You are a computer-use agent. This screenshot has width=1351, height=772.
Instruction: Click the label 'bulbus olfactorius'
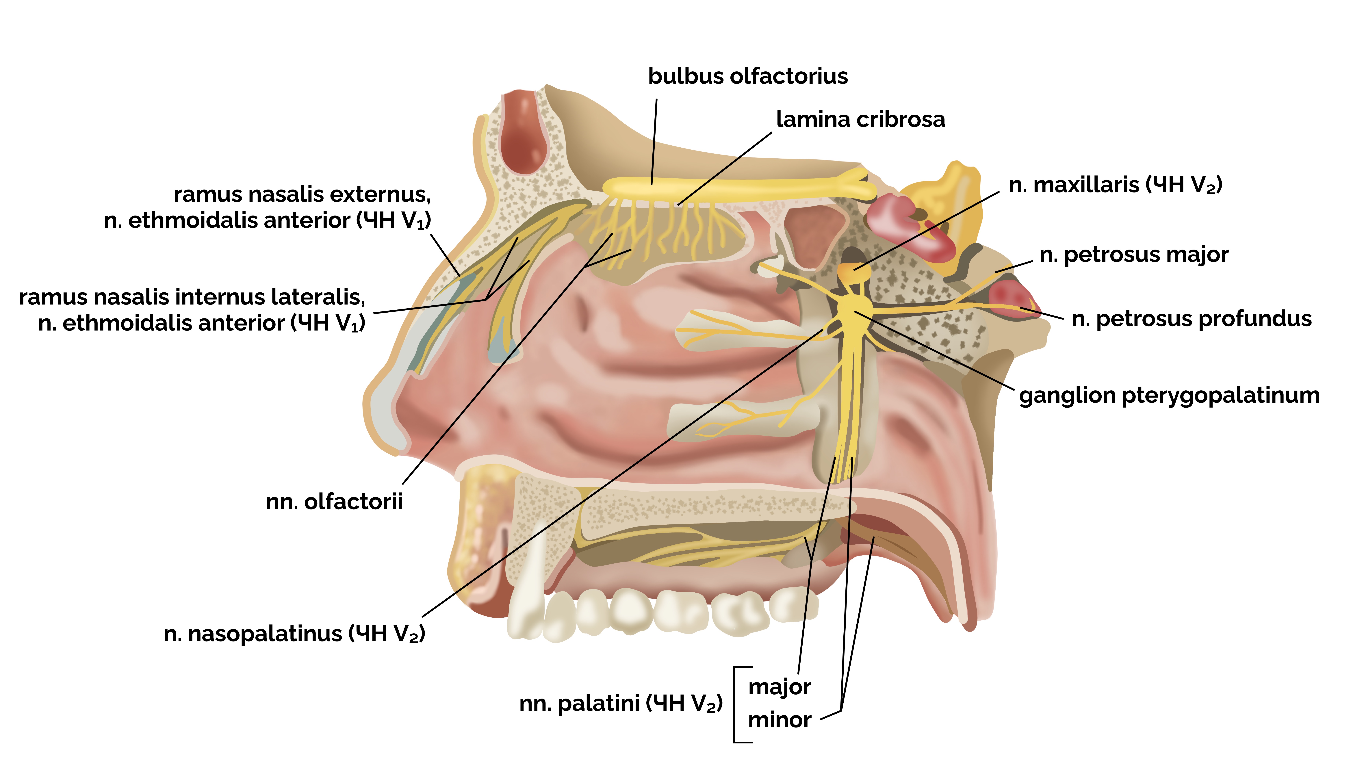tap(748, 76)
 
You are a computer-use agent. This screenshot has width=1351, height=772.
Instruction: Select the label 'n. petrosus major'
tap(1134, 255)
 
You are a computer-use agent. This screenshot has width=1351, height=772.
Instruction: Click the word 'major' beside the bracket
tap(780, 687)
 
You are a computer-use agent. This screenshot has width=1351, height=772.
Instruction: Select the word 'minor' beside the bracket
tap(780, 720)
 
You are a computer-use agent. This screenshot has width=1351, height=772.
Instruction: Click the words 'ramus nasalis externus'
tap(302, 195)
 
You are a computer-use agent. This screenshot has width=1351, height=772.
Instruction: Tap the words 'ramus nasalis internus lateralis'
tap(192, 297)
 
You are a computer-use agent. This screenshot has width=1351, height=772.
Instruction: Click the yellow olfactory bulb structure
tap(732, 187)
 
